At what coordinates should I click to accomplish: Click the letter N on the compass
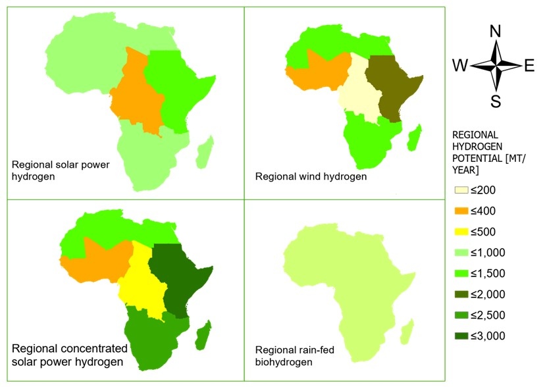tap(496, 31)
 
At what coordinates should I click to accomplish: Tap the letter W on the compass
tap(460, 66)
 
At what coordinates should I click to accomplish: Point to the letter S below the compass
tap(496, 101)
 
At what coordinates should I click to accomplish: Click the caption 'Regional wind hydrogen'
tap(311, 176)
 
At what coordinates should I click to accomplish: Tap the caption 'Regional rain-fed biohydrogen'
tap(303, 356)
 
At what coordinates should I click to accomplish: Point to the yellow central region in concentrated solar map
tap(142, 280)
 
